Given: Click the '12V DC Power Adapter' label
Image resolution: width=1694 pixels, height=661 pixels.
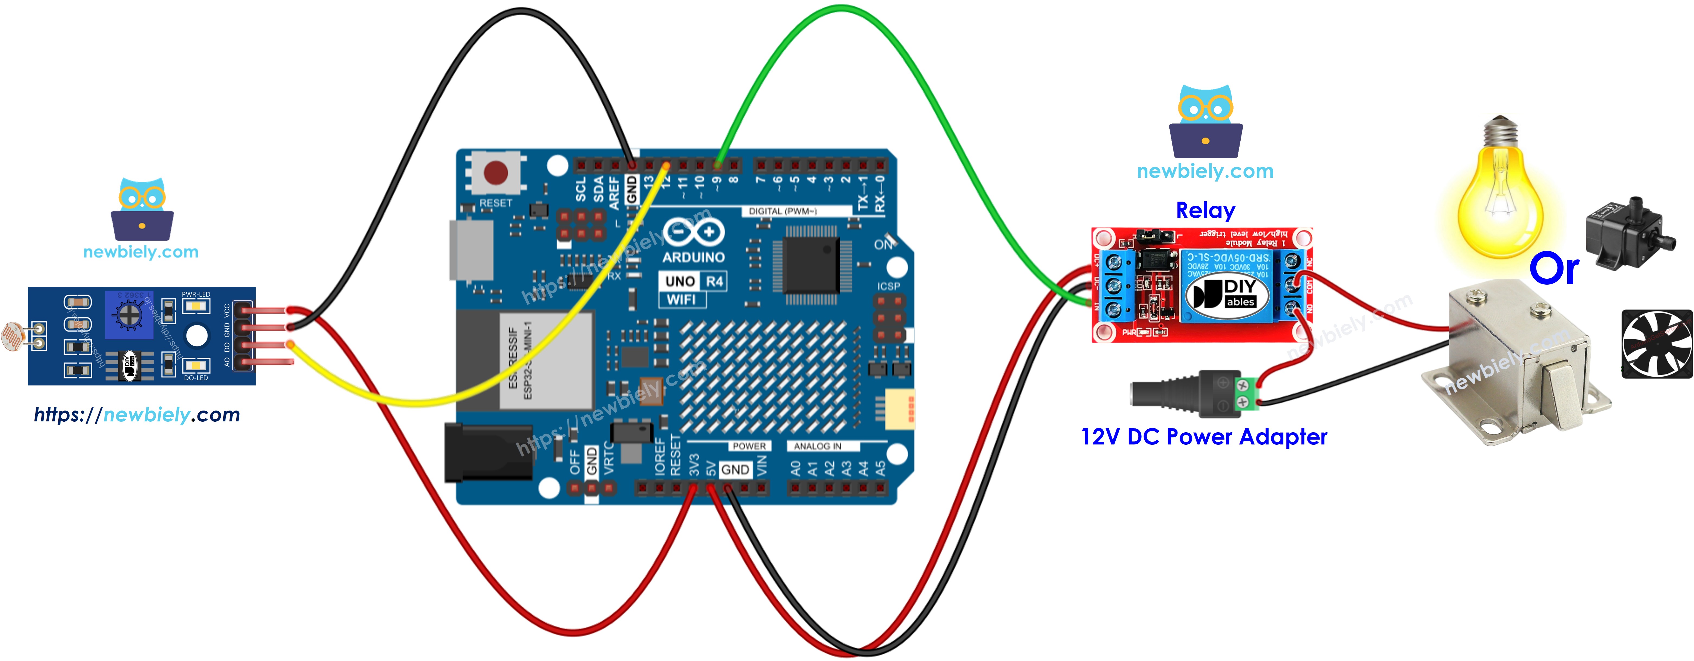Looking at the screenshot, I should tap(1203, 437).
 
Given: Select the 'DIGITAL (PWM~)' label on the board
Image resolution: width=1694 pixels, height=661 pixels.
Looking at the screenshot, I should tap(782, 211).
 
